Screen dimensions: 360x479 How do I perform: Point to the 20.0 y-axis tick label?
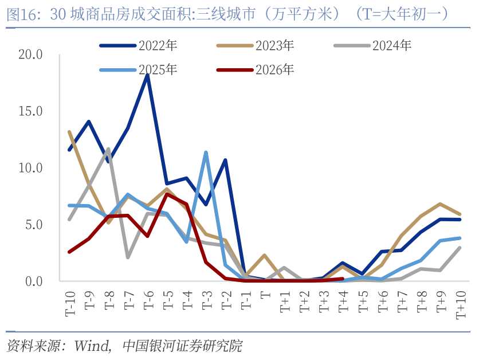[x=30, y=54]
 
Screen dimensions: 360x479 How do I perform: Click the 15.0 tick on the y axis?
[x=30, y=111]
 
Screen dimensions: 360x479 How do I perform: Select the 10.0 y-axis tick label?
[x=30, y=168]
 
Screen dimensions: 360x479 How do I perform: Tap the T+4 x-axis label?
[x=343, y=302]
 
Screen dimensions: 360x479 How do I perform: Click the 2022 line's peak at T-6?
[x=148, y=76]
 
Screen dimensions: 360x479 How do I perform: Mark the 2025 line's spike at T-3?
[x=206, y=152]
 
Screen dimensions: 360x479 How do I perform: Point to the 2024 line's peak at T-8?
[x=108, y=149]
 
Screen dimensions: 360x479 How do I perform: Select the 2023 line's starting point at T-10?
[x=69, y=132]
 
